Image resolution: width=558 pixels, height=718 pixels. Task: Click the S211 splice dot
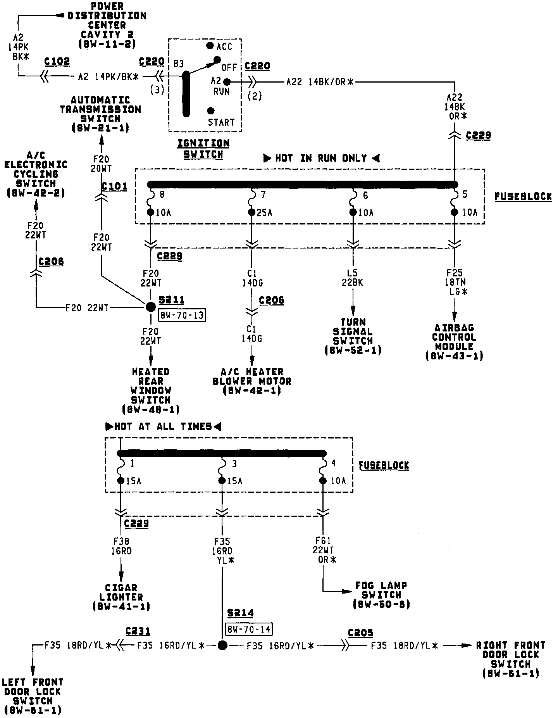pyautogui.click(x=150, y=307)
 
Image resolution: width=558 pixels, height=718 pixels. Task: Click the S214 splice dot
pyautogui.click(x=222, y=645)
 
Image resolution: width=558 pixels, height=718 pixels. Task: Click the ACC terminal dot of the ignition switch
pyautogui.click(x=210, y=46)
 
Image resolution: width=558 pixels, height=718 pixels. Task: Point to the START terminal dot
pyautogui.click(x=211, y=110)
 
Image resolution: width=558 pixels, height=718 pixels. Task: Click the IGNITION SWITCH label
pyautogui.click(x=203, y=149)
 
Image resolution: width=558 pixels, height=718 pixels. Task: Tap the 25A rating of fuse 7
pyautogui.click(x=264, y=212)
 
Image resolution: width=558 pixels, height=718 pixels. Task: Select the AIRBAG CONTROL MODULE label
pyautogui.click(x=454, y=342)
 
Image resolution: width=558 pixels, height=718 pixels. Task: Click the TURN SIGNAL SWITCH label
pyautogui.click(x=353, y=336)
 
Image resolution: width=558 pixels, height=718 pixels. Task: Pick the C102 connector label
pyautogui.click(x=57, y=62)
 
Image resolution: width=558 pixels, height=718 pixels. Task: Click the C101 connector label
pyautogui.click(x=114, y=186)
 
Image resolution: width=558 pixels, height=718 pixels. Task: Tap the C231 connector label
pyautogui.click(x=138, y=631)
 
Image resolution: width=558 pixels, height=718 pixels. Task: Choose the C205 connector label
pyautogui.click(x=360, y=633)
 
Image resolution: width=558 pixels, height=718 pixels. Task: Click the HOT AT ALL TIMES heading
pyautogui.click(x=163, y=427)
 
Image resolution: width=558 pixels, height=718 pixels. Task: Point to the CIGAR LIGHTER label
pyautogui.click(x=121, y=597)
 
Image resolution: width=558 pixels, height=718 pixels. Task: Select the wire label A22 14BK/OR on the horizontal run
pyautogui.click(x=320, y=82)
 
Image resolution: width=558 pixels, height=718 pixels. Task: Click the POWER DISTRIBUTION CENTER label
pyautogui.click(x=107, y=25)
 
